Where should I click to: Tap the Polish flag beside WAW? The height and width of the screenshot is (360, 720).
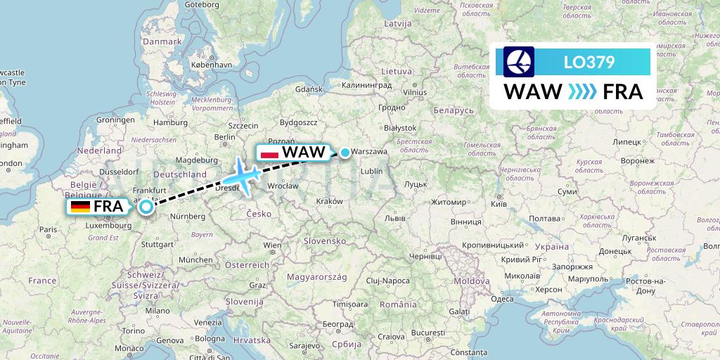269,153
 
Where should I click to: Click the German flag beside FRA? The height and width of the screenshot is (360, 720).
80,207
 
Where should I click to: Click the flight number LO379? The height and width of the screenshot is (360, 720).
589,63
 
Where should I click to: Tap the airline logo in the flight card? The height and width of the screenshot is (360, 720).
519,62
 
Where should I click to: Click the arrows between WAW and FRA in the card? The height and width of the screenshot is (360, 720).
581,92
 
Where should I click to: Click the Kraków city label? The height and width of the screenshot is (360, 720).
330,201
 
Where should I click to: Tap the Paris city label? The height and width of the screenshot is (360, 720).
48,229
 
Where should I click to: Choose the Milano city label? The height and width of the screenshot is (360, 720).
157,310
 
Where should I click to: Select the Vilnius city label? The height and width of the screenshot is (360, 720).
415,92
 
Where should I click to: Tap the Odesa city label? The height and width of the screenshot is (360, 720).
502,298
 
